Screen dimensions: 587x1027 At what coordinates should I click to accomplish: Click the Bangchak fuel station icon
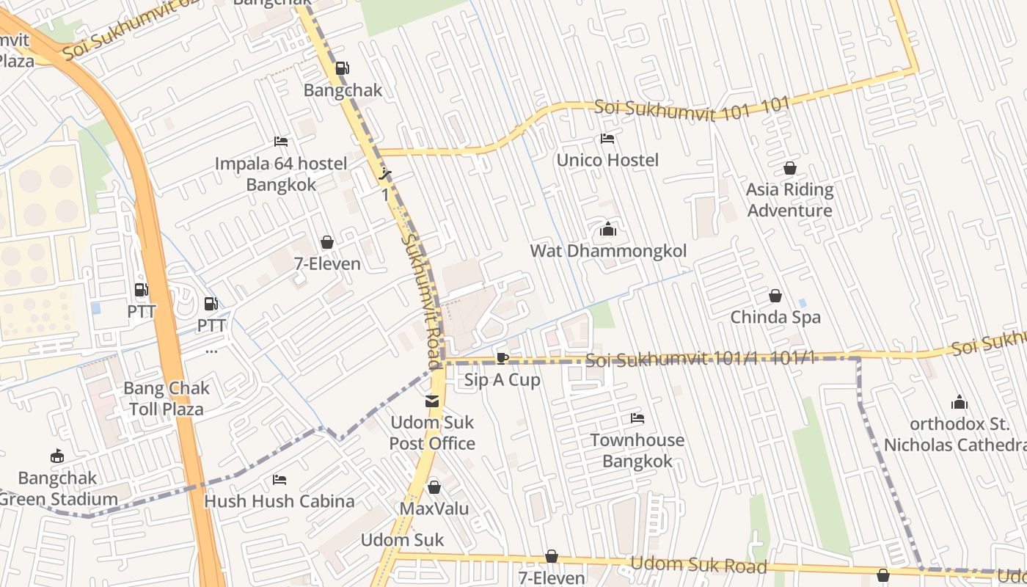[x=342, y=69]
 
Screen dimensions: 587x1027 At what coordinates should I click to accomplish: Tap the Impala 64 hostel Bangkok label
[x=281, y=174]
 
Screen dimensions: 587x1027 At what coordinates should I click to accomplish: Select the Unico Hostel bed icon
[x=607, y=139]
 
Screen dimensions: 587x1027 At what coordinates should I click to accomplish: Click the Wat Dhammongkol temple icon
[x=607, y=230]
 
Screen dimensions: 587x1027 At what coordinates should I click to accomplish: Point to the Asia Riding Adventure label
[x=789, y=200]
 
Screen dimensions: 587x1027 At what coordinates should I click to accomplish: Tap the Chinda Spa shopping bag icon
[x=775, y=296]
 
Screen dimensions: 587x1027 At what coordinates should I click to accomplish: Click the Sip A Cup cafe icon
[x=502, y=358]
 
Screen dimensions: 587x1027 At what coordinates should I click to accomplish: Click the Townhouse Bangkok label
[x=637, y=451]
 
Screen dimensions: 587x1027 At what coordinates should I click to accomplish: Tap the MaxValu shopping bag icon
[x=434, y=487]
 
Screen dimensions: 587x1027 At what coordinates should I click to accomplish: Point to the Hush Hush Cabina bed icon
[x=279, y=480]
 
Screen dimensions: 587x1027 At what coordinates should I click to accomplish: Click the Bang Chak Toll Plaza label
[x=167, y=398]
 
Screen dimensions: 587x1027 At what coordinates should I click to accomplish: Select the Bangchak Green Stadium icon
[x=57, y=456]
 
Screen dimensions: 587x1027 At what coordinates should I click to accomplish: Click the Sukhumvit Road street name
[x=423, y=301]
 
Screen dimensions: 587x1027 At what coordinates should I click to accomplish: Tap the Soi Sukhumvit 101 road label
[x=691, y=107]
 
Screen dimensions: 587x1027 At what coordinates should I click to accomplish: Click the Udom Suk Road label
[x=698, y=566]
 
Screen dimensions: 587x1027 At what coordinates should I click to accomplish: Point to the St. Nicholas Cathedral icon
[x=959, y=403]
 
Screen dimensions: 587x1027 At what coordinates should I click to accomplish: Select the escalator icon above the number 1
[x=385, y=175]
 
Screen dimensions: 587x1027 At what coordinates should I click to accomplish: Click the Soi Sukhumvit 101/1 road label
[x=701, y=359]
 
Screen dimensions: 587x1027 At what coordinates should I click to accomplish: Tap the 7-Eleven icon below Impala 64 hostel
[x=327, y=243]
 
